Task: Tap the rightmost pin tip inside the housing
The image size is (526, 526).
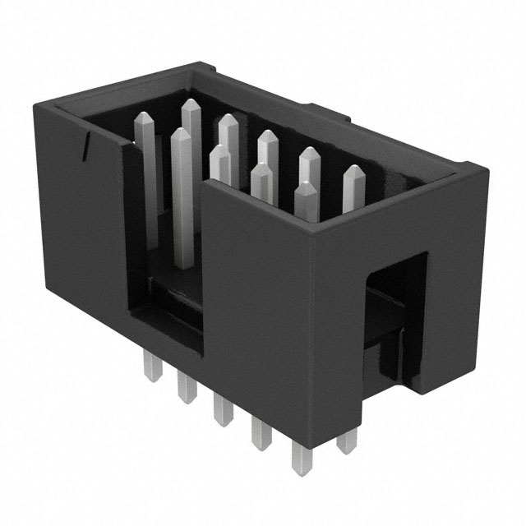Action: click(354, 174)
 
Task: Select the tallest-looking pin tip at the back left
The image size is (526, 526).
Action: click(191, 108)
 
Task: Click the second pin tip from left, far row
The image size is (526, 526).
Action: click(228, 123)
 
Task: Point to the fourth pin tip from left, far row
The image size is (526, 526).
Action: click(309, 155)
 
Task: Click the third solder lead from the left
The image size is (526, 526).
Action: click(221, 406)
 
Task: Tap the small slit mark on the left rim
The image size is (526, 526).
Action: click(85, 146)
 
